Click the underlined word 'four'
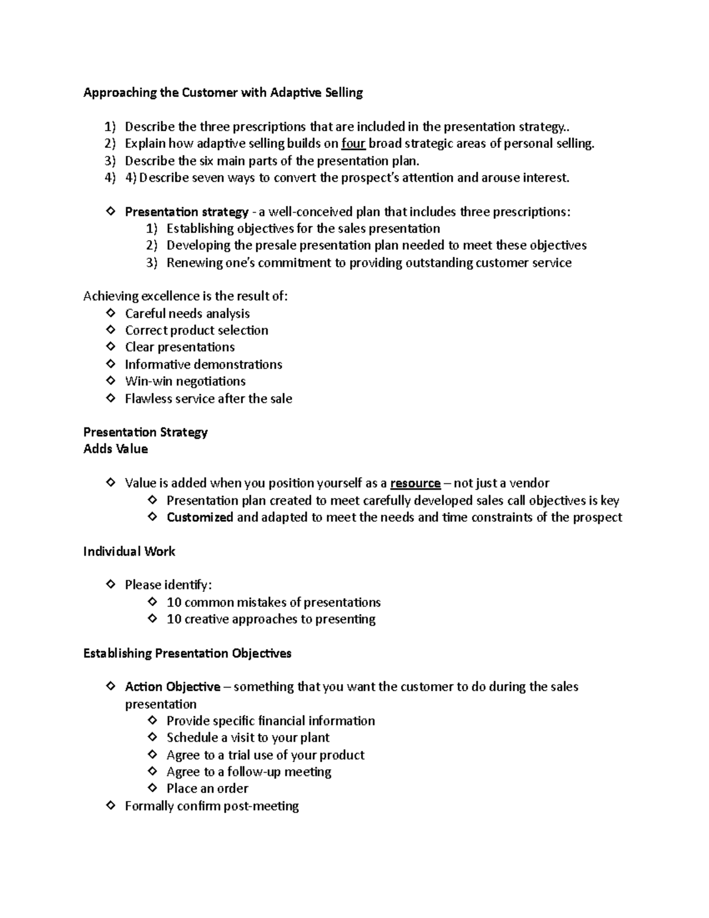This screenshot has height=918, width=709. pyautogui.click(x=353, y=144)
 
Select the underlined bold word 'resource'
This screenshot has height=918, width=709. pyautogui.click(x=415, y=484)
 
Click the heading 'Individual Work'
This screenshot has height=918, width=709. pyautogui.click(x=129, y=552)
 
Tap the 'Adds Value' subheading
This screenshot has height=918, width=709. pyautogui.click(x=116, y=449)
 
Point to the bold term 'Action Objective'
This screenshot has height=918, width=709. pyautogui.click(x=173, y=687)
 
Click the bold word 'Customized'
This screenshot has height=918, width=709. pyautogui.click(x=200, y=518)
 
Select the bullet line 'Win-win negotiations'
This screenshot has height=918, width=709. pyautogui.click(x=185, y=381)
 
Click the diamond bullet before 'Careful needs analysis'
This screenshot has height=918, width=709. pyautogui.click(x=110, y=313)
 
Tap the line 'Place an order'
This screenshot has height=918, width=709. pyautogui.click(x=207, y=789)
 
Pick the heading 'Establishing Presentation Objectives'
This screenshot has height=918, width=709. pyautogui.click(x=187, y=654)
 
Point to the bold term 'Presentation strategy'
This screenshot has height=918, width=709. pyautogui.click(x=187, y=212)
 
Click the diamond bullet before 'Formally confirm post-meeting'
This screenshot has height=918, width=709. pyautogui.click(x=110, y=806)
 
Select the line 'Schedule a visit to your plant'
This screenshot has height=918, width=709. pyautogui.click(x=248, y=738)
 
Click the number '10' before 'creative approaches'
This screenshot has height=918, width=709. pyautogui.click(x=174, y=619)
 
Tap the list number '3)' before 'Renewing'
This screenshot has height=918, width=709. pyautogui.click(x=152, y=263)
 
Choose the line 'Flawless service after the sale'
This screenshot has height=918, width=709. pyautogui.click(x=209, y=399)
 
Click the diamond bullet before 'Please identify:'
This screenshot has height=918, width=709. pyautogui.click(x=110, y=585)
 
